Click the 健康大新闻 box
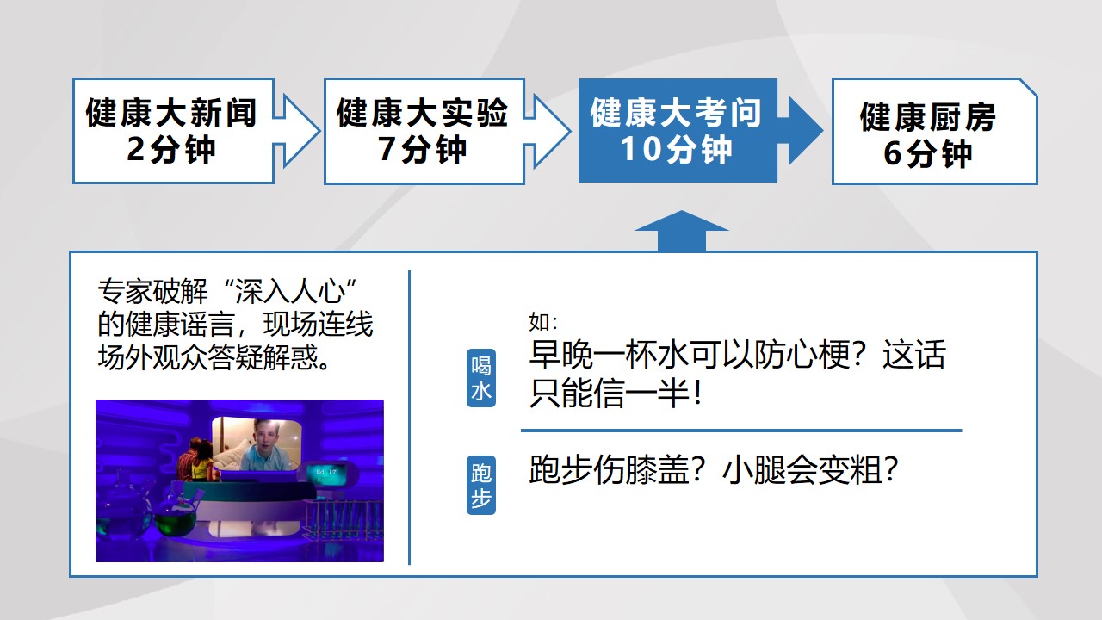coord(173,131)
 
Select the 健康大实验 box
coord(424,131)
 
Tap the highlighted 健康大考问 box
coord(678,130)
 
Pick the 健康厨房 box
coord(935,131)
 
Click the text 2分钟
coord(171,150)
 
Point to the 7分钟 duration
coord(422,150)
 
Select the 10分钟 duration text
coord(677,150)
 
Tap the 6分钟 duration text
coord(928,153)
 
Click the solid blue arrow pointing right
coord(801,130)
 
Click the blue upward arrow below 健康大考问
coord(681,231)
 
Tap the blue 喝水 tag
coord(480,378)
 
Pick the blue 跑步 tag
coord(480,485)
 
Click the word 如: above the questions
coord(543,322)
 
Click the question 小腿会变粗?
coord(810,470)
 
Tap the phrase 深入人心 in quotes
coord(289,291)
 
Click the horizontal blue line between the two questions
coord(741,431)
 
